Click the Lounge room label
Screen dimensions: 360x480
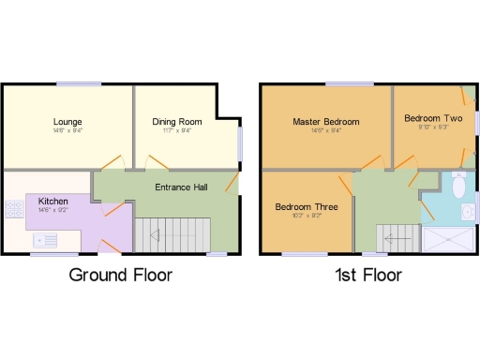pos(67,122)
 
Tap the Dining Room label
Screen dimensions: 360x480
pos(177,122)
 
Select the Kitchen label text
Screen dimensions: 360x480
pos(53,201)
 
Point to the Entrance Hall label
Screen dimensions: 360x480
pos(181,187)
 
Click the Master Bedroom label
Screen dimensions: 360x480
pos(325,122)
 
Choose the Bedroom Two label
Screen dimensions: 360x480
pos(433,118)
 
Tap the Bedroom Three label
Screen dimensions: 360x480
pos(306,206)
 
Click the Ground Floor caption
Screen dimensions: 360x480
pos(121,276)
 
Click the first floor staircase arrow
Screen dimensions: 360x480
pos(387,239)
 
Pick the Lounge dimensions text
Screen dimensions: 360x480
pos(67,131)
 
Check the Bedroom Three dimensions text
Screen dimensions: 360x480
pos(306,216)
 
